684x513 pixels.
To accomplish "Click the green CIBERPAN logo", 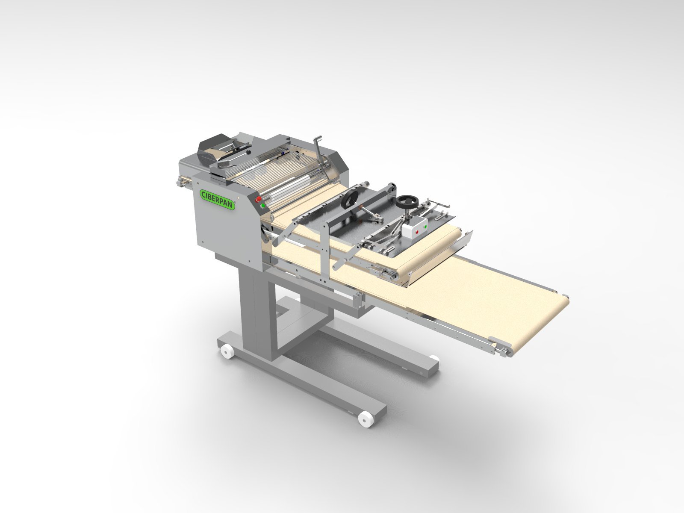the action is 218,199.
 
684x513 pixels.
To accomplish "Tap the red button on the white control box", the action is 417,232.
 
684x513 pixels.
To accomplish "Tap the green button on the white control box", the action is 426,227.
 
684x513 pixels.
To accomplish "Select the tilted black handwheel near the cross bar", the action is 350,200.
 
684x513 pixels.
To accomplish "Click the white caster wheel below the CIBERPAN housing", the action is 227,352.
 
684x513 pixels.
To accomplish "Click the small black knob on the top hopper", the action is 248,152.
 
